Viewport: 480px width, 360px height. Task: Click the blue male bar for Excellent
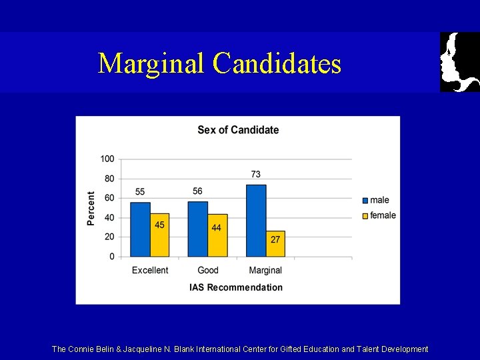coord(140,229)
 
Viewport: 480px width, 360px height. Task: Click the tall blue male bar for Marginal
coord(256,221)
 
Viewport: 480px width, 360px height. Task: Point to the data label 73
coord(256,174)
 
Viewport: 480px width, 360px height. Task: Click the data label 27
coord(275,239)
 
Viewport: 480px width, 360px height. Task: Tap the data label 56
coord(197,191)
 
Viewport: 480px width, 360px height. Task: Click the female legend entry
coord(378,215)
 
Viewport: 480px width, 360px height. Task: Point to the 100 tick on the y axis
coord(107,159)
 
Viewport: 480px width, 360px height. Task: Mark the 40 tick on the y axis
coord(109,217)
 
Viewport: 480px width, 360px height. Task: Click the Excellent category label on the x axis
coord(150,271)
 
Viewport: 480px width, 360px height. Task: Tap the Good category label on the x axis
coord(208,271)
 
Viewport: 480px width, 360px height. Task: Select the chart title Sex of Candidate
coord(238,130)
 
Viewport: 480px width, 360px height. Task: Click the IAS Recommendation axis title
coord(236,287)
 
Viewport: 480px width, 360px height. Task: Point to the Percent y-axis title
coord(91,208)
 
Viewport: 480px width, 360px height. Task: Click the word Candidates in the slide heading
coord(277,64)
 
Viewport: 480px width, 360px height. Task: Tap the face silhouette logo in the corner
coord(459,62)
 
